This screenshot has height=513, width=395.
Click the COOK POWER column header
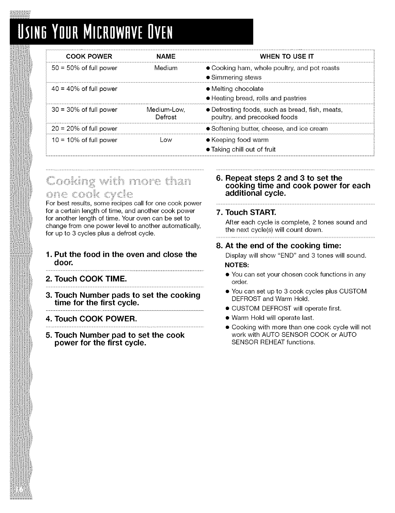pos(89,56)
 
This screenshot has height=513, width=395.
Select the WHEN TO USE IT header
pos(291,56)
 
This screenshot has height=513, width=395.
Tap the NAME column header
pos(166,56)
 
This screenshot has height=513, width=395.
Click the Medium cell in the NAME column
pos(166,68)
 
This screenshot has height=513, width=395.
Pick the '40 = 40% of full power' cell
pos(84,89)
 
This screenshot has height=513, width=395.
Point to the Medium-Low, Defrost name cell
pos(166,113)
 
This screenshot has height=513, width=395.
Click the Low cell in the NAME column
pos(166,140)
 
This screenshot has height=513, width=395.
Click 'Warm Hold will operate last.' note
pos(272,318)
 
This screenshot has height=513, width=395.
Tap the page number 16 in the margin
pos(19,490)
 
